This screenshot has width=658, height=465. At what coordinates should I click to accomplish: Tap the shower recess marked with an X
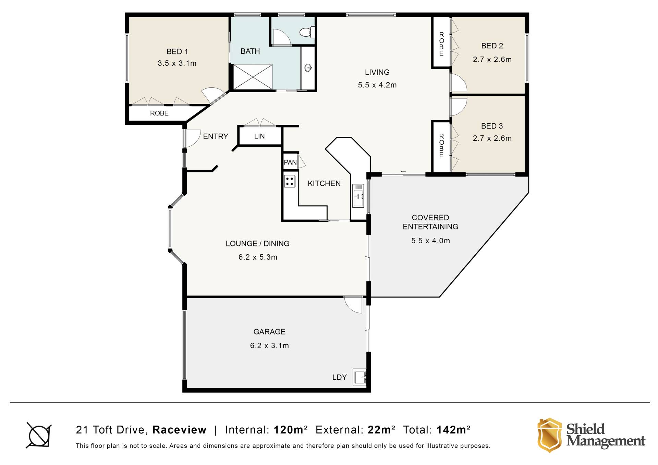click(253, 77)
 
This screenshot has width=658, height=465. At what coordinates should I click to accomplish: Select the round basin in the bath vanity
click(308, 68)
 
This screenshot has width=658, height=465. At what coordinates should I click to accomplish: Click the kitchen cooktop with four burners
click(290, 181)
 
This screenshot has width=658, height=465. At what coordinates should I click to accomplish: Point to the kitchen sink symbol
click(358, 196)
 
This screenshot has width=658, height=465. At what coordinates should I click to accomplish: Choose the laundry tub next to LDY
click(360, 378)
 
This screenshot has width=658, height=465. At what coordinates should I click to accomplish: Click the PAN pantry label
click(290, 162)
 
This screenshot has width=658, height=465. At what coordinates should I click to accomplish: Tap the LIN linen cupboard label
click(259, 136)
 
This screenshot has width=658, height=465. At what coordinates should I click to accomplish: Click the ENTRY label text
click(216, 137)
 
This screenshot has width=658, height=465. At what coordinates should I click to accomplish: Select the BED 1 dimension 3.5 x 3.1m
click(177, 63)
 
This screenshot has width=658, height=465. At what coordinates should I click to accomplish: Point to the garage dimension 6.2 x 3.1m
click(269, 346)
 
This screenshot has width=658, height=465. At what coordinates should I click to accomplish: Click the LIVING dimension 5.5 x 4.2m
click(377, 85)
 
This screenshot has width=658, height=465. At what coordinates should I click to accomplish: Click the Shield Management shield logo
click(549, 435)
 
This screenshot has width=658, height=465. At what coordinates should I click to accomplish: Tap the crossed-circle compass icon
click(39, 435)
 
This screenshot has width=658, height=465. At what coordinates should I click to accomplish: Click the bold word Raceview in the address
click(180, 430)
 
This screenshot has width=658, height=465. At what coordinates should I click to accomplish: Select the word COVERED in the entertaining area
click(430, 218)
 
